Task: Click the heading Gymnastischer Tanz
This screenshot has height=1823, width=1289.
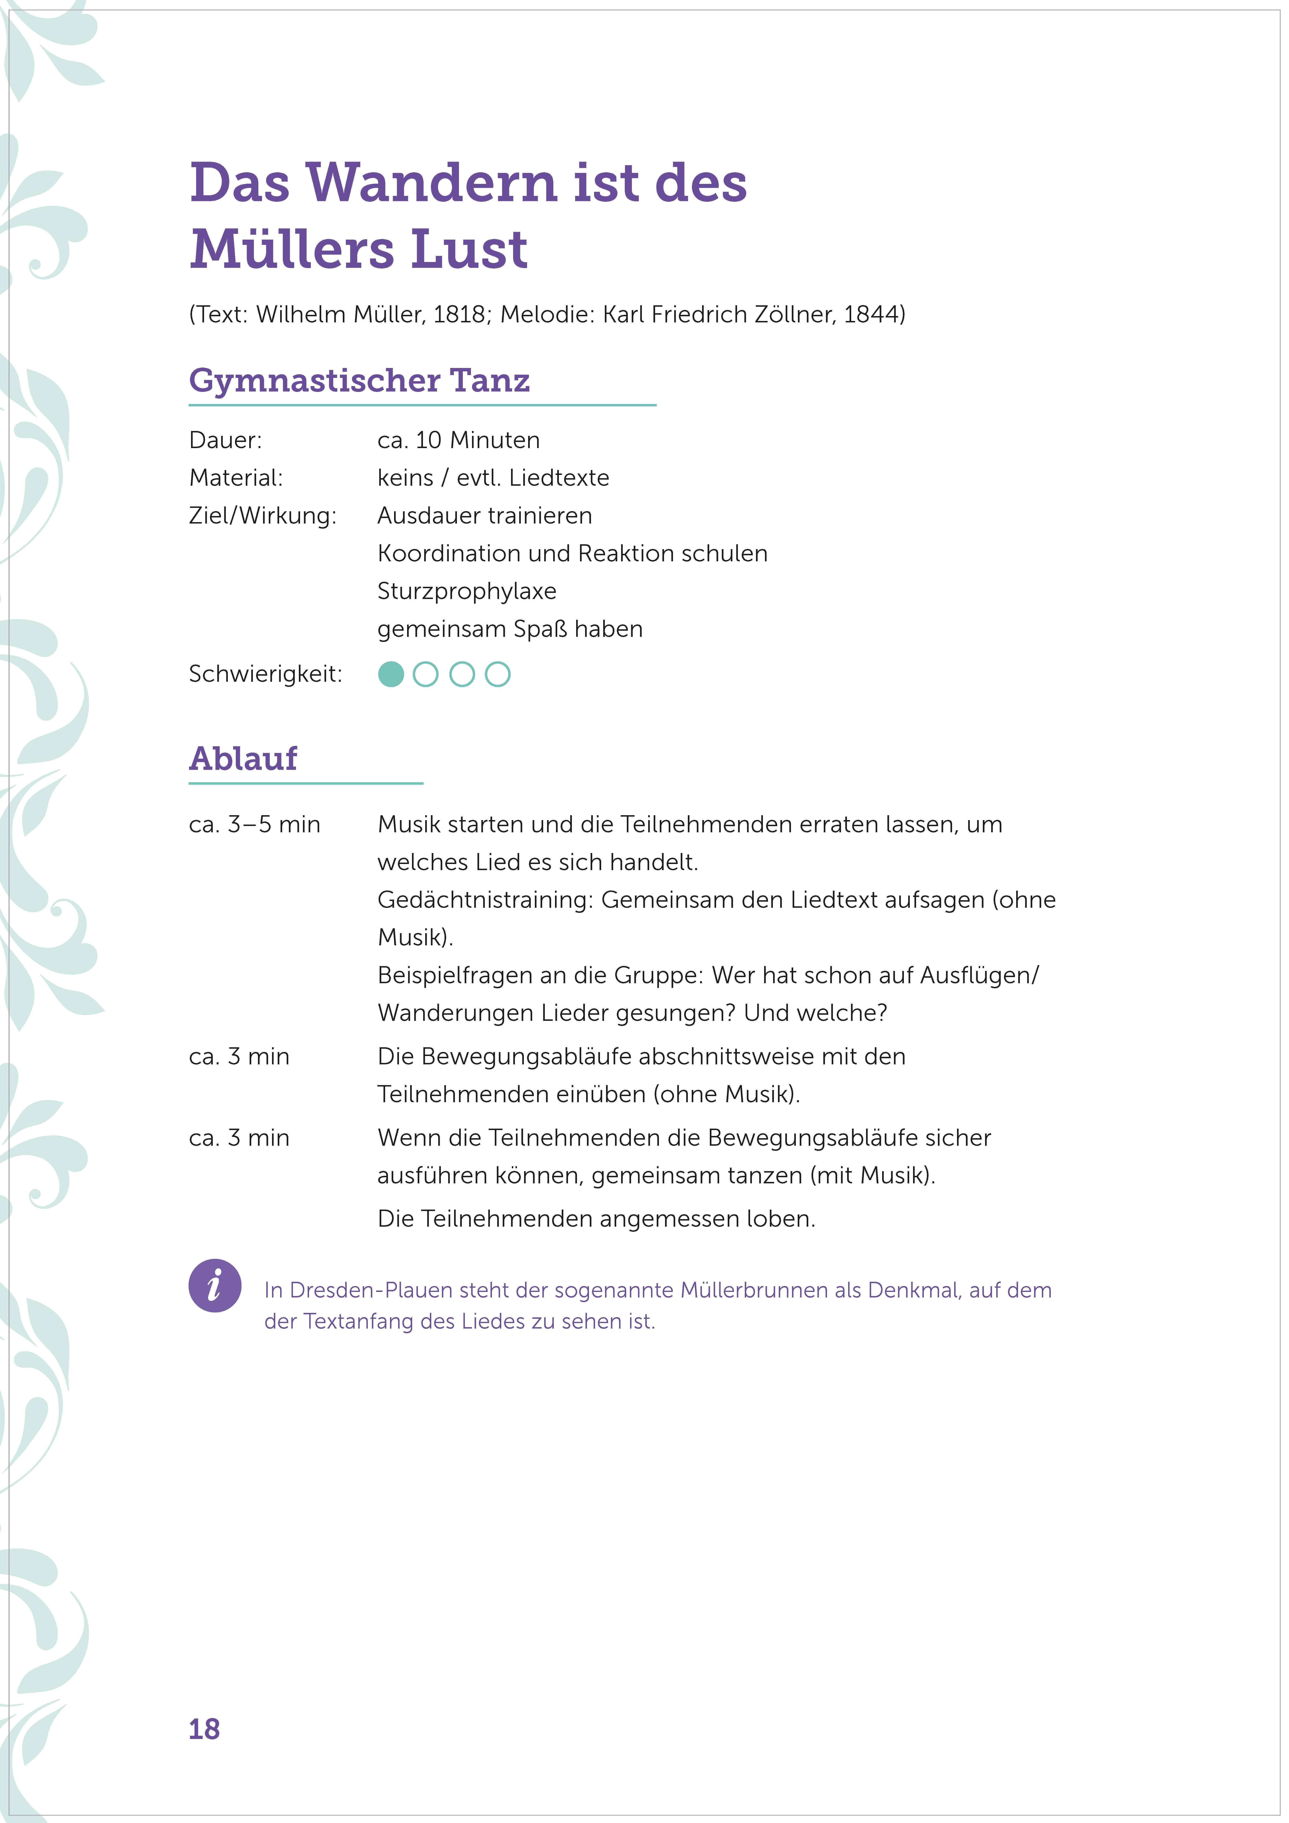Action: click(x=359, y=380)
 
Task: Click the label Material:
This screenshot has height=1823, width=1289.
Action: click(x=236, y=478)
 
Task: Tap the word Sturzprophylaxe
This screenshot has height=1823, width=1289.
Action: click(x=467, y=591)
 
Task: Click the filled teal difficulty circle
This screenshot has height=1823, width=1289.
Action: click(x=391, y=675)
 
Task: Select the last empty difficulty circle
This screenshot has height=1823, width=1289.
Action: click(x=498, y=675)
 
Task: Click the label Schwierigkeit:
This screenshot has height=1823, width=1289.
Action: click(x=265, y=675)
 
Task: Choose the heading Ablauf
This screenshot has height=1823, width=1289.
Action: click(x=243, y=759)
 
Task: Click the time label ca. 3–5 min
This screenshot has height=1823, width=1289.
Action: click(x=254, y=825)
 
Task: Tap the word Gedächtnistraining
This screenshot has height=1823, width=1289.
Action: click(x=484, y=900)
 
